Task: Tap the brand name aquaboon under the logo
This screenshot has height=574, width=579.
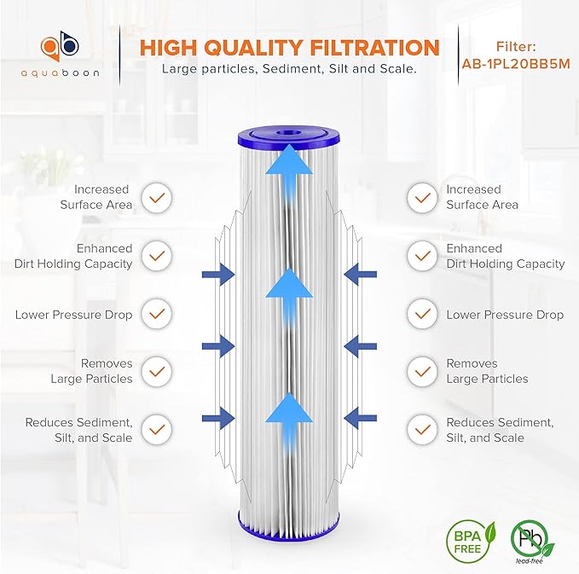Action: [x=61, y=73]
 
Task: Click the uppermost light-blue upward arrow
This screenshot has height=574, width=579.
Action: [x=287, y=171]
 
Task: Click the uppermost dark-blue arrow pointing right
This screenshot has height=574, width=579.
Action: [x=218, y=274]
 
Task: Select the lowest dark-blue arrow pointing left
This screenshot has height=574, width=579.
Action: [x=358, y=418]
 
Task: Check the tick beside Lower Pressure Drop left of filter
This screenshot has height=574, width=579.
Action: [x=156, y=315]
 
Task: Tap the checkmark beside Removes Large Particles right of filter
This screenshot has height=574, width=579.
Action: [x=421, y=371]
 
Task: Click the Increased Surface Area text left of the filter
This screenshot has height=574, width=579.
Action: [x=96, y=197]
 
